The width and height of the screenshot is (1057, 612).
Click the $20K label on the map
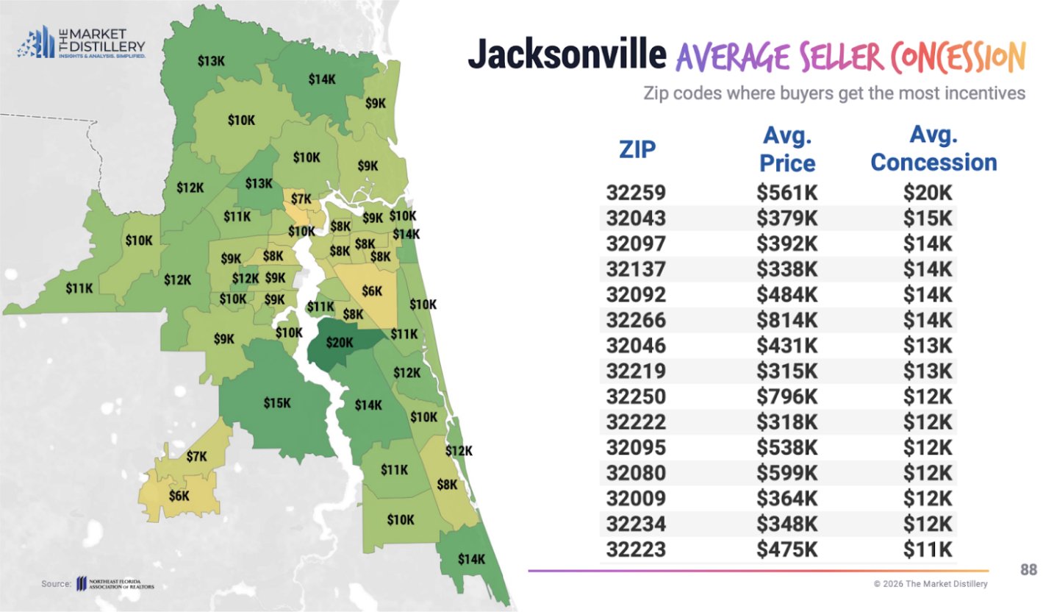point(340,343)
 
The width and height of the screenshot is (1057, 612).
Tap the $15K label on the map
point(277,403)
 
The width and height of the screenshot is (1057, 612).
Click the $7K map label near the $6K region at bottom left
point(196,457)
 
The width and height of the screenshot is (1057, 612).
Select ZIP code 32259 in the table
point(636,193)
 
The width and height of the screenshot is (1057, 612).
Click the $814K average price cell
point(787,320)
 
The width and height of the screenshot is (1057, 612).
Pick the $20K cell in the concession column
point(928,193)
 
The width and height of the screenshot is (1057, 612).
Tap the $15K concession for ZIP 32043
point(928,218)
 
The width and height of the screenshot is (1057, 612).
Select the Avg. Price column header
point(787,149)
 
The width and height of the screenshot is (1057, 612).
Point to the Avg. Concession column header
point(934,149)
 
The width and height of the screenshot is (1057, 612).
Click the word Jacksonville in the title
point(567,56)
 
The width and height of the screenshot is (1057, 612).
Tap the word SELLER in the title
point(834,57)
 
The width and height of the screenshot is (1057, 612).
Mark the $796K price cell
point(787,396)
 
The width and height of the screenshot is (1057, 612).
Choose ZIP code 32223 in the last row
point(636,549)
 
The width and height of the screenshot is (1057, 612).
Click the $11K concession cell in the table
point(928,549)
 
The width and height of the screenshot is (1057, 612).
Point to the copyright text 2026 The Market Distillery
point(931,583)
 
